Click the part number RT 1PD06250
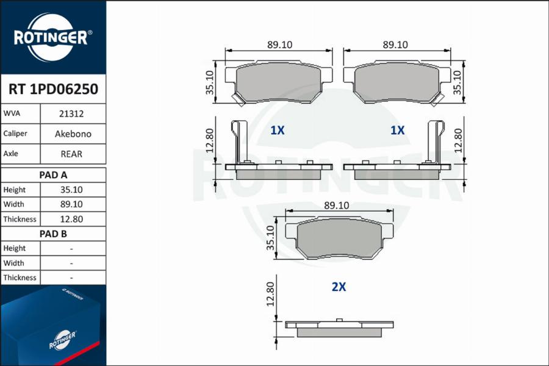pyautogui.click(x=53, y=89)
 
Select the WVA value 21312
pyautogui.click(x=71, y=114)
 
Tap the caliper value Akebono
pyautogui.click(x=73, y=134)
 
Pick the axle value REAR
pyautogui.click(x=71, y=154)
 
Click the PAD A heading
pyautogui.click(x=53, y=175)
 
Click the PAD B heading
pyautogui.click(x=53, y=234)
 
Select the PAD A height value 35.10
pyautogui.click(x=71, y=190)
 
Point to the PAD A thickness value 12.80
pyautogui.click(x=71, y=219)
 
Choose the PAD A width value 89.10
pyautogui.click(x=71, y=204)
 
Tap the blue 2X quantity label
pyautogui.click(x=339, y=287)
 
